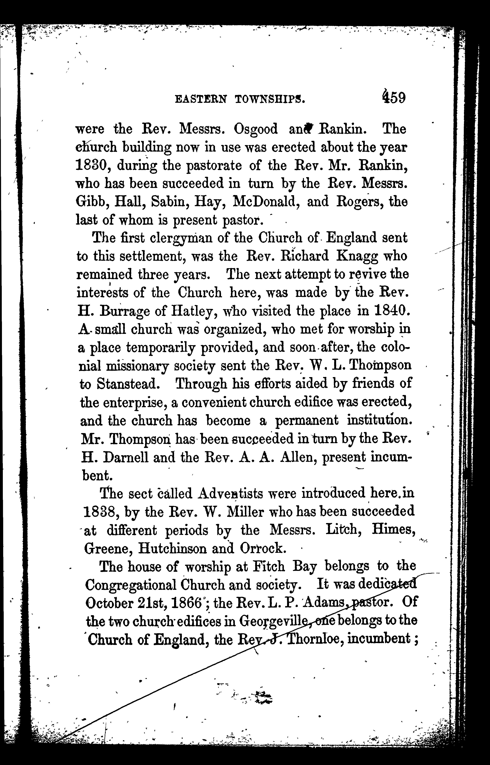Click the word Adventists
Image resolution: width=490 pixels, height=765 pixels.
(x=231, y=494)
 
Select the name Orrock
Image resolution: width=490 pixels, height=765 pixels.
(x=261, y=548)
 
